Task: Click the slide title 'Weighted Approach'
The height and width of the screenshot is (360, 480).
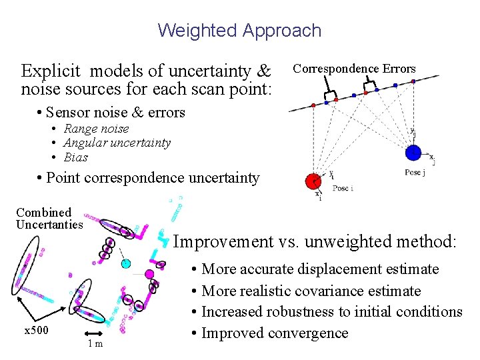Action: point(239,31)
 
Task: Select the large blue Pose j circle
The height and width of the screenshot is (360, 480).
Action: point(413,153)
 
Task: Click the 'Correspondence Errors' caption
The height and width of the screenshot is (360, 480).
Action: point(354,69)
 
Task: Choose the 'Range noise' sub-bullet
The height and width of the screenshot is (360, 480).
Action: point(96,129)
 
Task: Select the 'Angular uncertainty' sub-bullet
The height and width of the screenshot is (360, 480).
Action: point(117,143)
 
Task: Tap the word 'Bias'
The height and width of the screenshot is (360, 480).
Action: point(75,157)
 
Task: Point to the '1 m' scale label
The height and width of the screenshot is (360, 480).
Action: point(95,343)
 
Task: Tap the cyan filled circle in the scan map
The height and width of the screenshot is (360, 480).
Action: point(126,263)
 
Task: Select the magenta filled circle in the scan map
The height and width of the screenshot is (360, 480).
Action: point(149,273)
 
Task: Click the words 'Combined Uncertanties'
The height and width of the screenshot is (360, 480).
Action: point(49,219)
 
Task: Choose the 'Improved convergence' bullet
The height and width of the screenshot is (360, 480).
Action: point(275,333)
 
